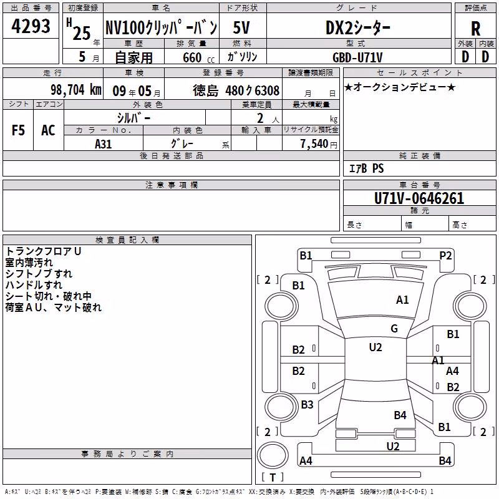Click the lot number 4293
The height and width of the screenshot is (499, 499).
[31, 26]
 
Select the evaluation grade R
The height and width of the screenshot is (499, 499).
[475, 29]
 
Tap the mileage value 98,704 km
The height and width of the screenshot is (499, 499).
[76, 90]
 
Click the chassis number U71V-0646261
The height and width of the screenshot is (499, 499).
[419, 198]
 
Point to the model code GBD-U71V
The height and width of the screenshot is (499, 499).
[357, 57]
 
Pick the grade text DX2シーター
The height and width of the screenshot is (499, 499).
[357, 28]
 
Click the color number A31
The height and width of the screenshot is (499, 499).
[103, 144]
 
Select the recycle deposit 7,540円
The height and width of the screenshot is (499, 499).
[319, 144]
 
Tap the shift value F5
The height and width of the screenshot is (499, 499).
[18, 130]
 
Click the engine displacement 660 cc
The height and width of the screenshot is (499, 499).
[198, 57]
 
